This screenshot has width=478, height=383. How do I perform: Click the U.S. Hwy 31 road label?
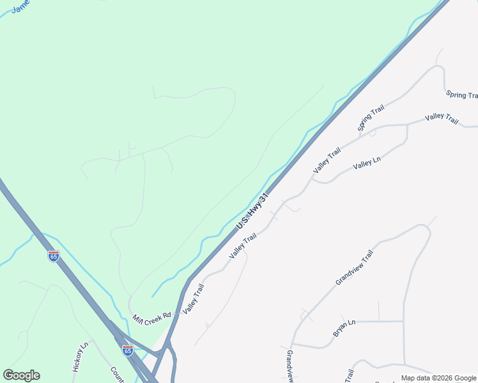coord(251,213)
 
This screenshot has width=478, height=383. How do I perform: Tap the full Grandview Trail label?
coord(354,267)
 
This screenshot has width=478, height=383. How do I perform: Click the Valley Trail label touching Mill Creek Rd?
coord(193,299)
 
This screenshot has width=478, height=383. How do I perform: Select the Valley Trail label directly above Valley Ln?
coord(327,160)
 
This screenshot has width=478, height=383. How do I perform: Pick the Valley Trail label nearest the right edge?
coord(442,119)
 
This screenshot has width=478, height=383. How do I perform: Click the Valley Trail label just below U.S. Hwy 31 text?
coord(243,246)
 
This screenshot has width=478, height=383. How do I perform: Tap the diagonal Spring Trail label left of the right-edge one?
coord(371,119)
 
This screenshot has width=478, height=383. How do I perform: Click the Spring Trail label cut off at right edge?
coord(462,95)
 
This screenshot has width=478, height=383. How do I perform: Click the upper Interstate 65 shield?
coord(54,256)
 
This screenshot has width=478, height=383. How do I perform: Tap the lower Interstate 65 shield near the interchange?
coord(128,350)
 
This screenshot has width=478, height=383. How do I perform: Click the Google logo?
coord(21,375)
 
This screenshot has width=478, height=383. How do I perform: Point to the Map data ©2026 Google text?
coord(439,378)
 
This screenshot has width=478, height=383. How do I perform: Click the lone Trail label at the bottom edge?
coord(350,375)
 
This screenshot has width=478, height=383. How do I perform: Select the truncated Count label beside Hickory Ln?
coord(116,373)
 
